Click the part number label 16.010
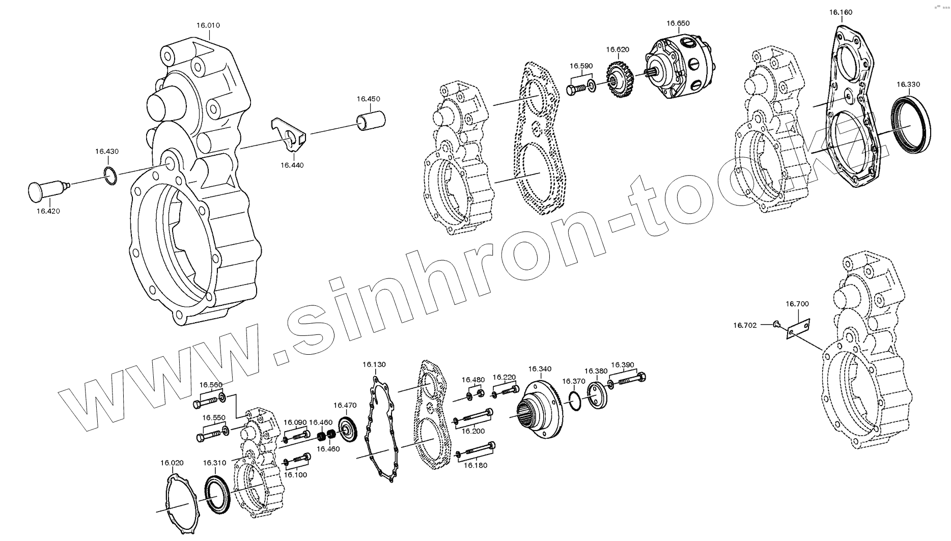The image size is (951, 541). coord(208,25)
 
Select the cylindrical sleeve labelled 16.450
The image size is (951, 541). coord(370,119)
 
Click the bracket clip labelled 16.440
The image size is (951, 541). coord(289,135)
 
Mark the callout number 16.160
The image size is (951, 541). coord(841,12)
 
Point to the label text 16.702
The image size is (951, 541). coord(745,325)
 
